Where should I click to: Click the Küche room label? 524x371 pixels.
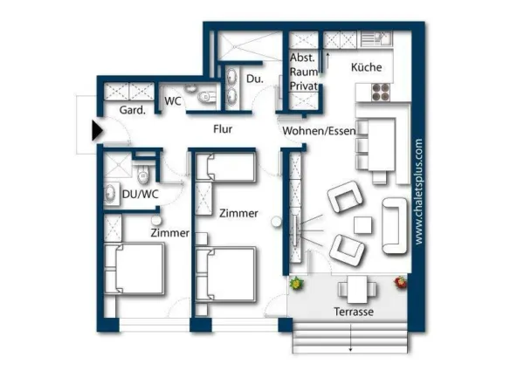click(x=367, y=67)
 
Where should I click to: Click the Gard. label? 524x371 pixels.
click(x=120, y=111)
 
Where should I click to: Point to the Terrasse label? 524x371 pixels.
click(x=354, y=312)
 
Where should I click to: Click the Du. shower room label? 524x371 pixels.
click(x=254, y=79)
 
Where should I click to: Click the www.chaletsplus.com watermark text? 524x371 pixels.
click(x=418, y=190)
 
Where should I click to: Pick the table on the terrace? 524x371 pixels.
click(x=354, y=287)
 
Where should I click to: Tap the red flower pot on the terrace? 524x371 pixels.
click(x=401, y=283)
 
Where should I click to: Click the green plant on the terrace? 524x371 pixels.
click(x=297, y=284)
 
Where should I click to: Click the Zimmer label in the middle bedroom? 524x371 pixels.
click(x=238, y=213)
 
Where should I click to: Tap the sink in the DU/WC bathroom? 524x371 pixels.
click(x=112, y=194)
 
